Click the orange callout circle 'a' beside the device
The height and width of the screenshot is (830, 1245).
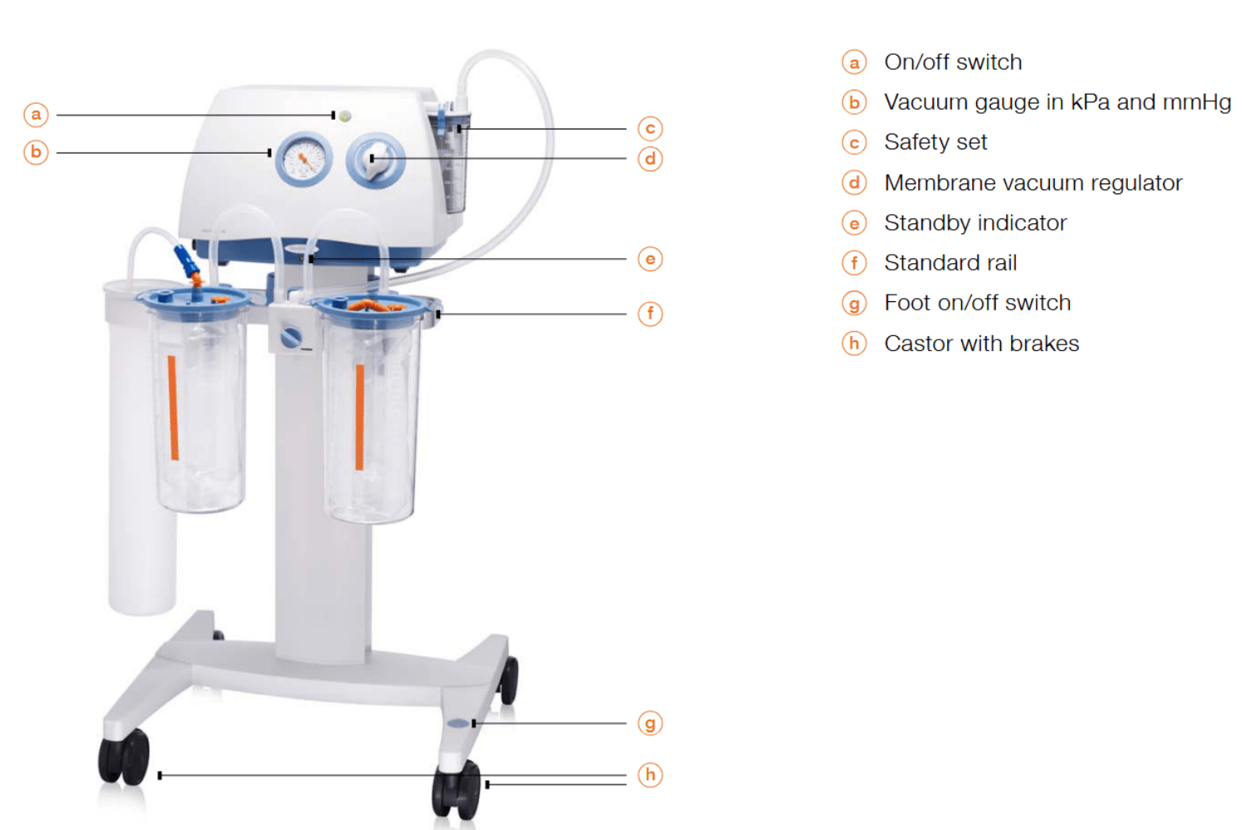[37, 115]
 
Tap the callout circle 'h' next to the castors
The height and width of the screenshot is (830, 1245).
[650, 775]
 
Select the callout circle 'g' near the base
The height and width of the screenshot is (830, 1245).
[650, 724]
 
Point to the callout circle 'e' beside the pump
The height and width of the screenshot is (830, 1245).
[650, 259]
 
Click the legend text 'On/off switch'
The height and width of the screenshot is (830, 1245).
[953, 62]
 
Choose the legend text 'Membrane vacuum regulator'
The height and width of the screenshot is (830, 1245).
[1033, 183]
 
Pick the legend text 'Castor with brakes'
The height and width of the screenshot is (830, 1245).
[982, 344]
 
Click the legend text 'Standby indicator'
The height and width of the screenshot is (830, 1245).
[975, 223]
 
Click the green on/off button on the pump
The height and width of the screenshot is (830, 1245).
[345, 116]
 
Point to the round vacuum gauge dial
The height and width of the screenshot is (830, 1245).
[304, 159]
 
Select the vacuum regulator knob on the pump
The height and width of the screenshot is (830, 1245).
[375, 161]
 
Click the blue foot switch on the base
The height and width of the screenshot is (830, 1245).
[458, 723]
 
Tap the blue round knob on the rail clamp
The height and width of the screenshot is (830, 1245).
[291, 338]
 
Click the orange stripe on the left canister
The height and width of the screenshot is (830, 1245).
[173, 408]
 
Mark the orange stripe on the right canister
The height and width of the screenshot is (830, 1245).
[360, 417]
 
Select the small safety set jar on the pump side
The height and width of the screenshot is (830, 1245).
[450, 161]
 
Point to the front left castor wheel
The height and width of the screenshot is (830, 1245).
[124, 757]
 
